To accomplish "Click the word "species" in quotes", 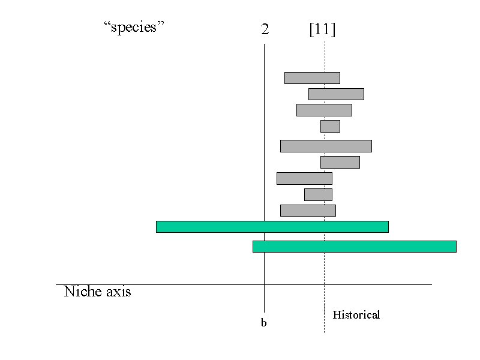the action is tap(134, 27).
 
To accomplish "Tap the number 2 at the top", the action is tap(265, 29).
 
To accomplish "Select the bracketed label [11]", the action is tap(322, 29).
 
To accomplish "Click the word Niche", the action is tap(83, 291).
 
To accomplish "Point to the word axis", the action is tap(119, 292).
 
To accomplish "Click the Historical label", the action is tap(356, 314).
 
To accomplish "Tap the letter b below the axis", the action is tap(263, 323).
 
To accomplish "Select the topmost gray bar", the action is tap(312, 78).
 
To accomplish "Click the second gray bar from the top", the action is tap(336, 94).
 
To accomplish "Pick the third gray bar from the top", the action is tap(324, 110).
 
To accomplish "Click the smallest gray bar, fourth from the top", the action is tap(331, 126).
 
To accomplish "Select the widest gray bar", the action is tap(326, 146).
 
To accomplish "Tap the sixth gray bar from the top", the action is tap(340, 162).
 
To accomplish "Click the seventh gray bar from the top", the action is tap(304, 178).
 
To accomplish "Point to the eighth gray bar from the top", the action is tap(319, 194).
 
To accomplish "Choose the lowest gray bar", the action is tap(308, 211).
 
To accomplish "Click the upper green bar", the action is tap(272, 227).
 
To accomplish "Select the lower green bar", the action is tap(355, 247).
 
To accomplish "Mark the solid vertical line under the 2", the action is tap(264, 178).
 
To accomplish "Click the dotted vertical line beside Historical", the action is tap(324, 187).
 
